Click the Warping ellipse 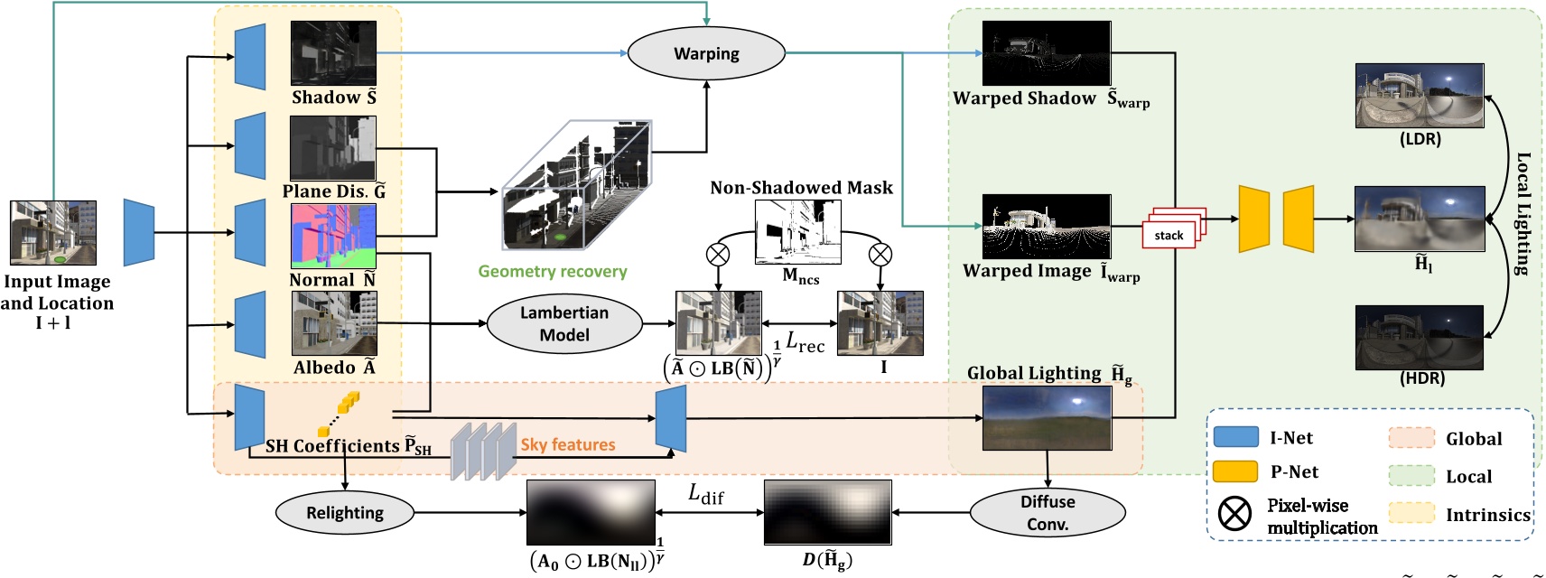tap(706, 53)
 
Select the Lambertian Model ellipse tap(564, 323)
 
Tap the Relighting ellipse tap(344, 513)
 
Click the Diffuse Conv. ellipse tap(1048, 513)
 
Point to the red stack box tap(1170, 234)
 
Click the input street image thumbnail tap(53, 233)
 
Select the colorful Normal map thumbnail tap(333, 236)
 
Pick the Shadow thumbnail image tap(333, 53)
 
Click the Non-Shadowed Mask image tap(798, 232)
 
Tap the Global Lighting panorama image tap(1047, 417)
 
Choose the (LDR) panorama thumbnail tap(1420, 96)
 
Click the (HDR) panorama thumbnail tap(1420, 337)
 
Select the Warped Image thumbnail tap(1047, 227)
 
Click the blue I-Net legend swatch tap(1235, 437)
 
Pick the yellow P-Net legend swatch tap(1235, 471)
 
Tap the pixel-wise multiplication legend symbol tap(1234, 514)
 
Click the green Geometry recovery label tap(552, 271)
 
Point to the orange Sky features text tap(567, 444)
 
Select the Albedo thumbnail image tap(334, 323)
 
